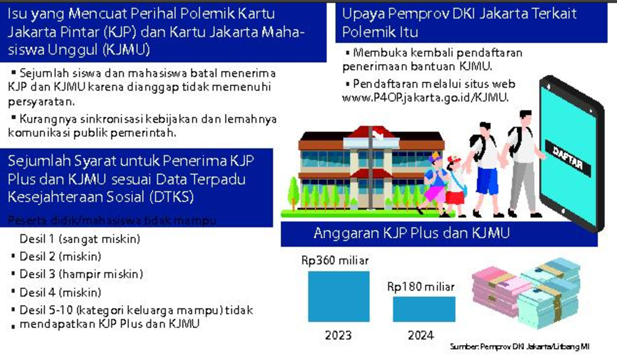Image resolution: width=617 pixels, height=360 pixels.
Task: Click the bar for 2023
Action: point(338,296)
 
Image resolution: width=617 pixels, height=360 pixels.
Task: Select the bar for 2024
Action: point(424,309)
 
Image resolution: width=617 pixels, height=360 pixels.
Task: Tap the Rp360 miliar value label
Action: point(335,260)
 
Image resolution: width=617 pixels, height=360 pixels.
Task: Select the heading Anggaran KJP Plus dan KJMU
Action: point(411,233)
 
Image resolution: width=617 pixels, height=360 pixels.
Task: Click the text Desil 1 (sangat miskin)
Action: point(80,240)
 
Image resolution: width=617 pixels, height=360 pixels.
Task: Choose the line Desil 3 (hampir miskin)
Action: point(81,274)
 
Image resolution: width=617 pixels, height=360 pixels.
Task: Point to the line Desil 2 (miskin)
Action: point(60,257)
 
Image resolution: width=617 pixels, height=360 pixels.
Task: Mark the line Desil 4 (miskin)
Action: point(60,292)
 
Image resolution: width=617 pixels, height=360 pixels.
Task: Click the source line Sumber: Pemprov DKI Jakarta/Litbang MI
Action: point(519,347)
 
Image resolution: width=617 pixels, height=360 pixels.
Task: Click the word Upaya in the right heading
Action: point(359,14)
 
